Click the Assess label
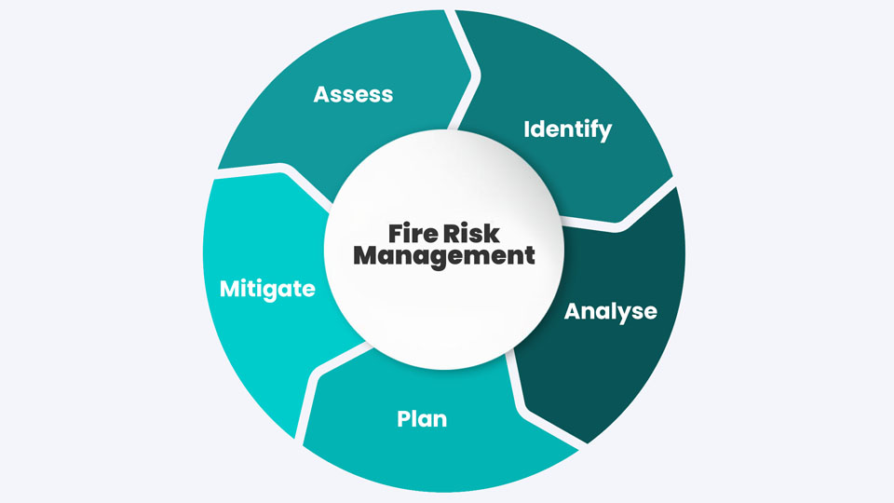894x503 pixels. click(x=353, y=94)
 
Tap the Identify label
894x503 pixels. click(x=567, y=129)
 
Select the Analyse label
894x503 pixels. click(x=610, y=310)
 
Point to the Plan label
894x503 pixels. click(x=422, y=418)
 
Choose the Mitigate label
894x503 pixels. click(x=267, y=289)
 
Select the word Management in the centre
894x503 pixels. click(x=444, y=255)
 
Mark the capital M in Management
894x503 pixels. click(x=367, y=255)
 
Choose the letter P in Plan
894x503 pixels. click(x=403, y=418)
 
